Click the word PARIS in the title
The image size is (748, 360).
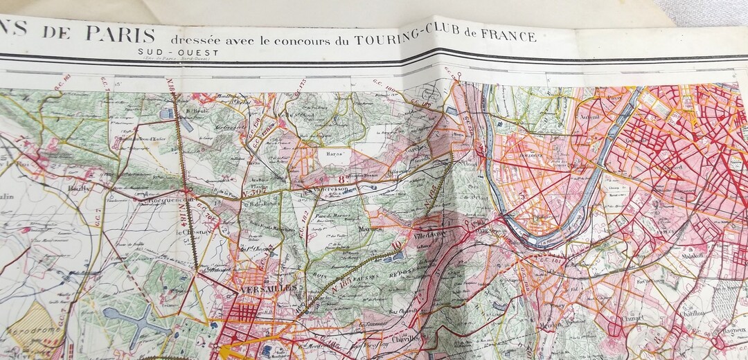[x=121, y=33]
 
